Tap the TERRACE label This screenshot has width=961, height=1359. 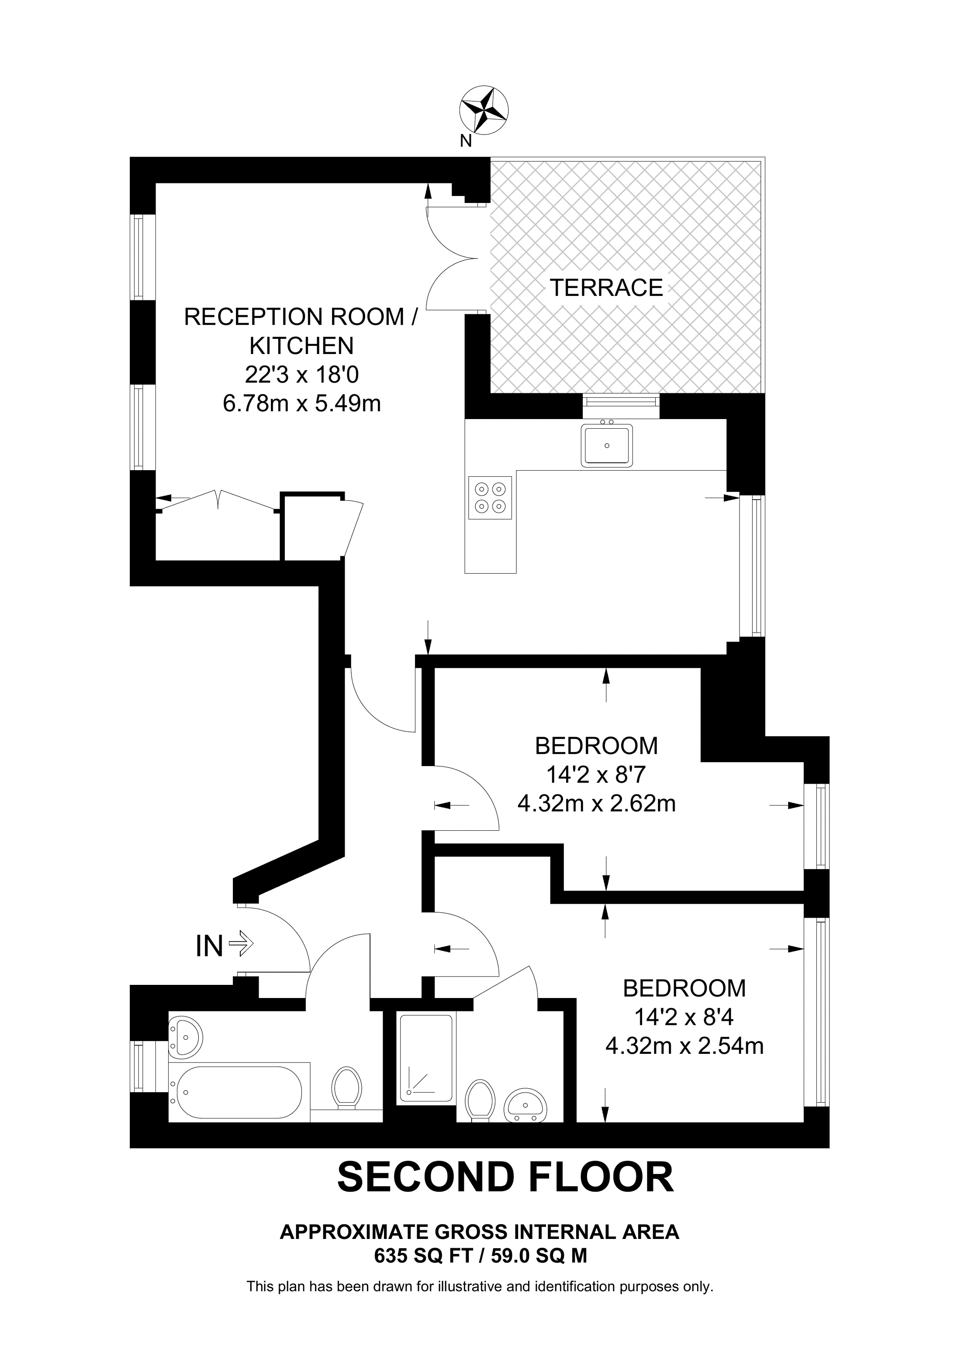pyautogui.click(x=606, y=288)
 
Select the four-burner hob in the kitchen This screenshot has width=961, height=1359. pyautogui.click(x=490, y=498)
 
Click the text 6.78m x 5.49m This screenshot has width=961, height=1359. pyautogui.click(x=301, y=404)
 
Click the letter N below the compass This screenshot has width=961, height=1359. pyautogui.click(x=466, y=141)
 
